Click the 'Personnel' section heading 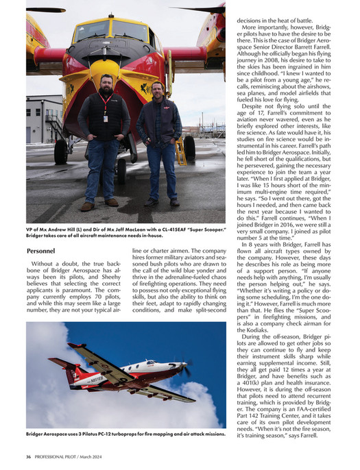(45, 251)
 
